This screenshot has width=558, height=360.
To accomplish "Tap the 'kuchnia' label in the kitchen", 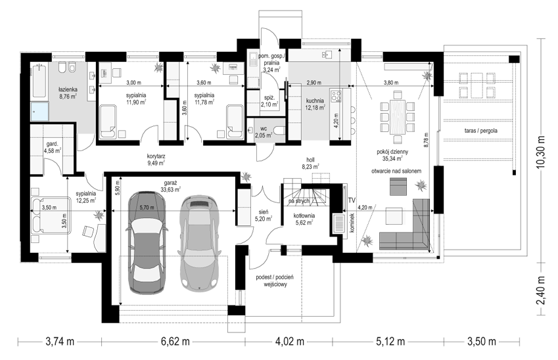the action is pyautogui.click(x=315, y=101).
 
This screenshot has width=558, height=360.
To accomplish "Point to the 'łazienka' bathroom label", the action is pyautogui.click(x=68, y=89).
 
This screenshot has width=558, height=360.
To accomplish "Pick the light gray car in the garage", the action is pyautogui.click(x=198, y=242).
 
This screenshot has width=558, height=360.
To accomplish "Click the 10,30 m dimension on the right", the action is pyautogui.click(x=542, y=151).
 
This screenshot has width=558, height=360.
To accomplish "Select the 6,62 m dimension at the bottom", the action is pyautogui.click(x=175, y=342).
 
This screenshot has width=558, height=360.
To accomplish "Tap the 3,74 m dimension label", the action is pyautogui.click(x=60, y=342).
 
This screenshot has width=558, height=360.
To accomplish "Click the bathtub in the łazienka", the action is pyautogui.click(x=39, y=81).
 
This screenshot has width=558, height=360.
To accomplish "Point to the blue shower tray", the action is pyautogui.click(x=39, y=111).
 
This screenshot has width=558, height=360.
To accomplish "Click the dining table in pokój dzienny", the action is pyautogui.click(x=398, y=117).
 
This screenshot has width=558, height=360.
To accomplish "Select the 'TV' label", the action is pyautogui.click(x=352, y=200).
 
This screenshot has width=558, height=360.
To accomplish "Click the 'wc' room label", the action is pyautogui.click(x=264, y=128).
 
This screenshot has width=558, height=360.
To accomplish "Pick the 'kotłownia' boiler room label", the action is pyautogui.click(x=304, y=215).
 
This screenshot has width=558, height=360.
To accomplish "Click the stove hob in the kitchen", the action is pyautogui.click(x=337, y=95).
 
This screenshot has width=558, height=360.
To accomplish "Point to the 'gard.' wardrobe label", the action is pyautogui.click(x=53, y=145).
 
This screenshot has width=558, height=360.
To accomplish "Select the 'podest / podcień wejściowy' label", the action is pyautogui.click(x=275, y=281).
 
